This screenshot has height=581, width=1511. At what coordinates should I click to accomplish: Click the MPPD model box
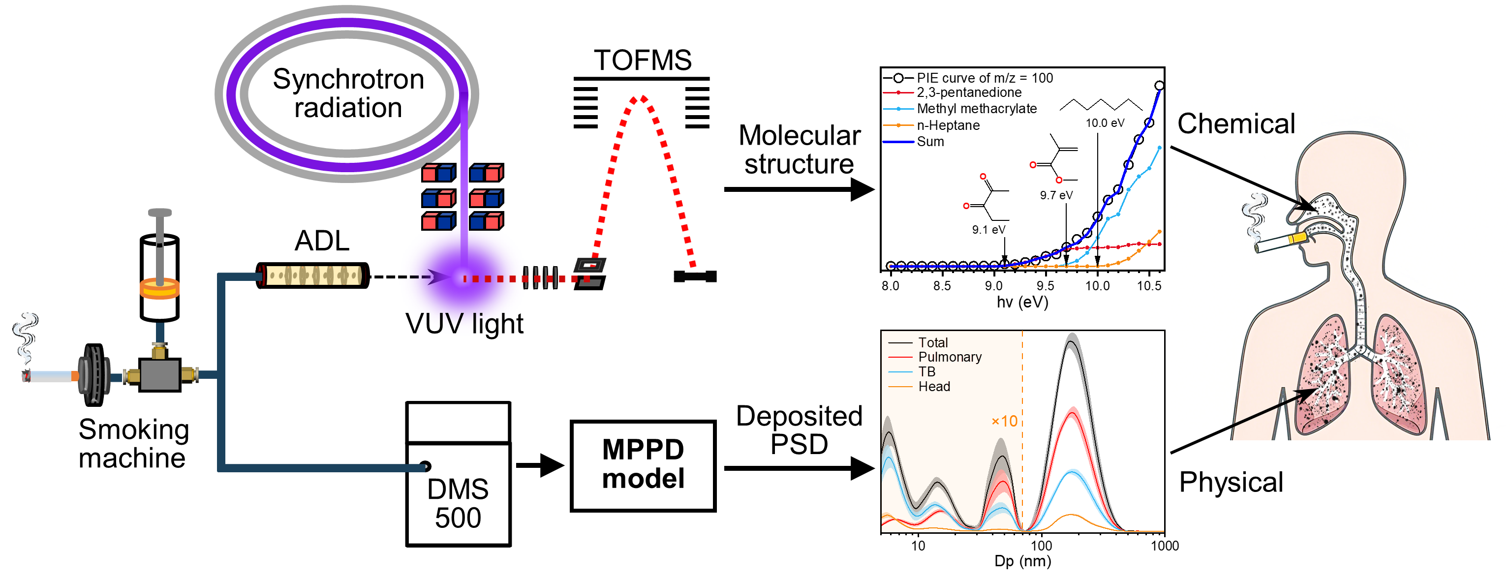click(x=643, y=465)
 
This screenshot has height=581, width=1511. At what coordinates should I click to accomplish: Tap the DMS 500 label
click(x=458, y=503)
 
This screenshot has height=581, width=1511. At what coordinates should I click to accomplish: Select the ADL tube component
click(x=312, y=275)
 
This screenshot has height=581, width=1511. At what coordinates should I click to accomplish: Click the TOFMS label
click(x=642, y=61)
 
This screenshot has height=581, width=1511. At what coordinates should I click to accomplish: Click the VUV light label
click(x=464, y=324)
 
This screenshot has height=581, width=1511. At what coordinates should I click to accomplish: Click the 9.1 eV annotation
click(x=988, y=230)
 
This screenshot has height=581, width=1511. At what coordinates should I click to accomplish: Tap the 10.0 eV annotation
click(x=1105, y=123)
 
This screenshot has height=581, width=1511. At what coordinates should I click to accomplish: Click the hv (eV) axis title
click(x=1022, y=302)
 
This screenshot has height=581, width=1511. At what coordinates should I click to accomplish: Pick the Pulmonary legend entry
click(x=949, y=357)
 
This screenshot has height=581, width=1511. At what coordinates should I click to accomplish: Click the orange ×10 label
click(x=1004, y=421)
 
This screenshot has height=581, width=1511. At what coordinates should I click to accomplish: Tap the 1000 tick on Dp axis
click(x=1164, y=546)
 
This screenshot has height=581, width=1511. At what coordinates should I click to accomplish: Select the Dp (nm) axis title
click(x=1022, y=561)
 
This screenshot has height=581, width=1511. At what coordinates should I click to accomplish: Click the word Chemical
click(x=1236, y=123)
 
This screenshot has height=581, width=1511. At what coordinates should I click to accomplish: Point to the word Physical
click(x=1231, y=482)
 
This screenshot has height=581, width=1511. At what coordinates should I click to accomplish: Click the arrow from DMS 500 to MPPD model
click(x=540, y=465)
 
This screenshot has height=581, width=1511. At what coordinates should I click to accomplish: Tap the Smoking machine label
click(x=134, y=444)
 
